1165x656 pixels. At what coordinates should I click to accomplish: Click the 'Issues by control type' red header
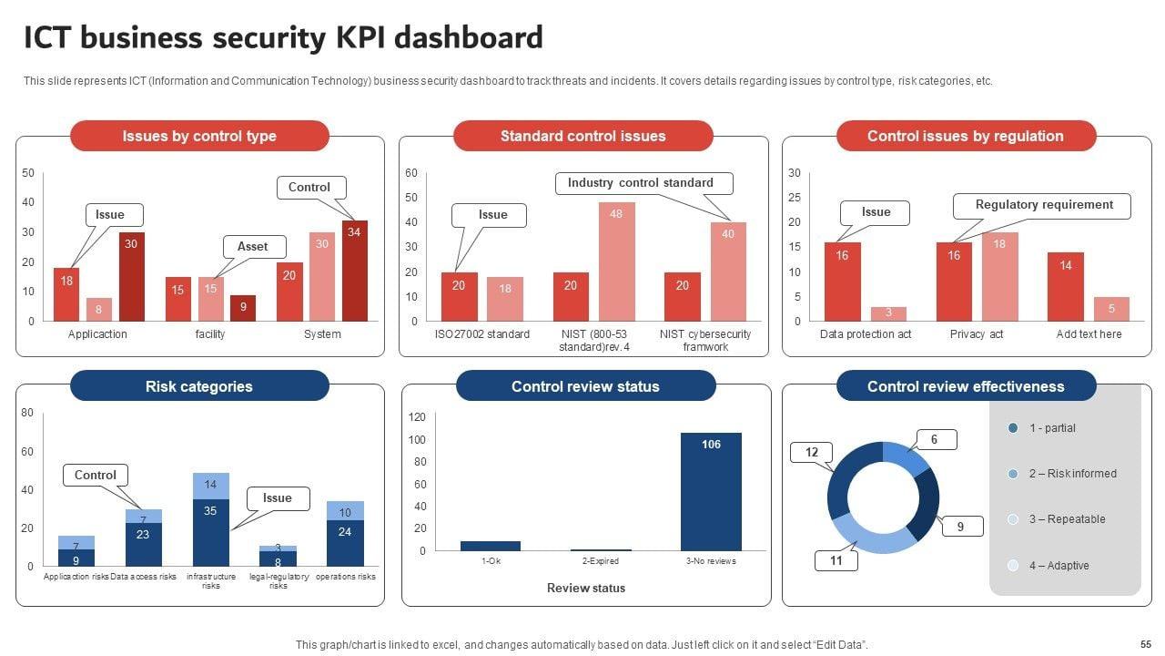(199, 137)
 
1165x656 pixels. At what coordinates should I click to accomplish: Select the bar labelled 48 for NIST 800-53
(616, 261)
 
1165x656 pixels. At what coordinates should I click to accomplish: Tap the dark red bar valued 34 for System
(354, 271)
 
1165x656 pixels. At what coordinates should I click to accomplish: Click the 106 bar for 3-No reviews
(711, 491)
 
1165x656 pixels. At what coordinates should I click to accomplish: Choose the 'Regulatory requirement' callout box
(1043, 205)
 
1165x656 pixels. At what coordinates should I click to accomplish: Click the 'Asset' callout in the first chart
(253, 246)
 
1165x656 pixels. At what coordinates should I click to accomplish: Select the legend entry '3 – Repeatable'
(1067, 519)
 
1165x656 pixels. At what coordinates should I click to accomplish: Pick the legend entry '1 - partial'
(1052, 428)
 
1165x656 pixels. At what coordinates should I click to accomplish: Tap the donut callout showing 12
(811, 453)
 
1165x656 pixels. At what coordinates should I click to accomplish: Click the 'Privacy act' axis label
(977, 334)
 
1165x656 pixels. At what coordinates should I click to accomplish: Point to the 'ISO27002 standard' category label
(482, 334)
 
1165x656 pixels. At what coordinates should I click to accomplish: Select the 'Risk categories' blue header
(199, 386)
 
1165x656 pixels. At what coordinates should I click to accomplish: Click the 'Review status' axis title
(585, 589)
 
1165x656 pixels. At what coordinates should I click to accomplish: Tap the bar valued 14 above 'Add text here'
(1065, 286)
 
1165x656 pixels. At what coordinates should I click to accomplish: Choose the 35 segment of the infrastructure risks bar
(210, 532)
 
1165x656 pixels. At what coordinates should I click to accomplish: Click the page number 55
(1145, 644)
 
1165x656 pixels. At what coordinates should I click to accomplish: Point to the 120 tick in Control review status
(417, 417)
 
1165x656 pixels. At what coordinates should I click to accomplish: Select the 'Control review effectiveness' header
(966, 386)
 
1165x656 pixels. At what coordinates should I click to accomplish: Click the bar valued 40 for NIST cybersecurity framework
(728, 272)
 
